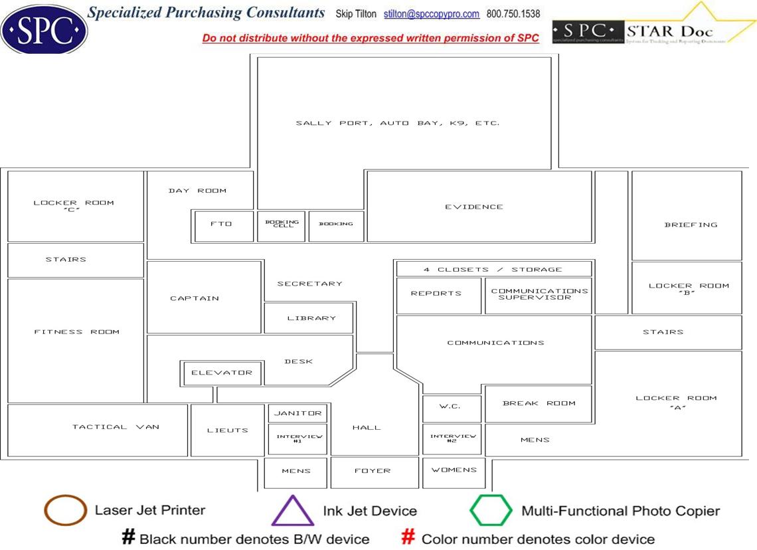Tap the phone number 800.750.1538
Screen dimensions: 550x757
point(513,14)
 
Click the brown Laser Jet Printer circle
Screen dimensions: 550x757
point(65,510)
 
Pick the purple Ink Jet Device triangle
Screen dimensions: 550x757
point(292,511)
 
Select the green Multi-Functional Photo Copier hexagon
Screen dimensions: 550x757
point(491,511)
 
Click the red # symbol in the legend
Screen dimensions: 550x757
point(409,537)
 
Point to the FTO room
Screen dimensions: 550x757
point(222,225)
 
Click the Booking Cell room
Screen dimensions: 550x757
point(282,225)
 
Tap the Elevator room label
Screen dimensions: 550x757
point(222,373)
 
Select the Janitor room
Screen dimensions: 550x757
point(297,413)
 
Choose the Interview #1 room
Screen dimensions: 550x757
point(297,438)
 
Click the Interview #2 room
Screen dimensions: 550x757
point(453,438)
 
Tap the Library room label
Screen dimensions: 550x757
point(311,318)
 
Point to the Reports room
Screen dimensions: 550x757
point(436,294)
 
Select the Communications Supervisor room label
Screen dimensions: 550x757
point(539,294)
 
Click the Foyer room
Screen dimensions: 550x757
point(373,471)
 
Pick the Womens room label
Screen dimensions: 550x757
point(454,470)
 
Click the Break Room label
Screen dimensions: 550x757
point(539,403)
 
